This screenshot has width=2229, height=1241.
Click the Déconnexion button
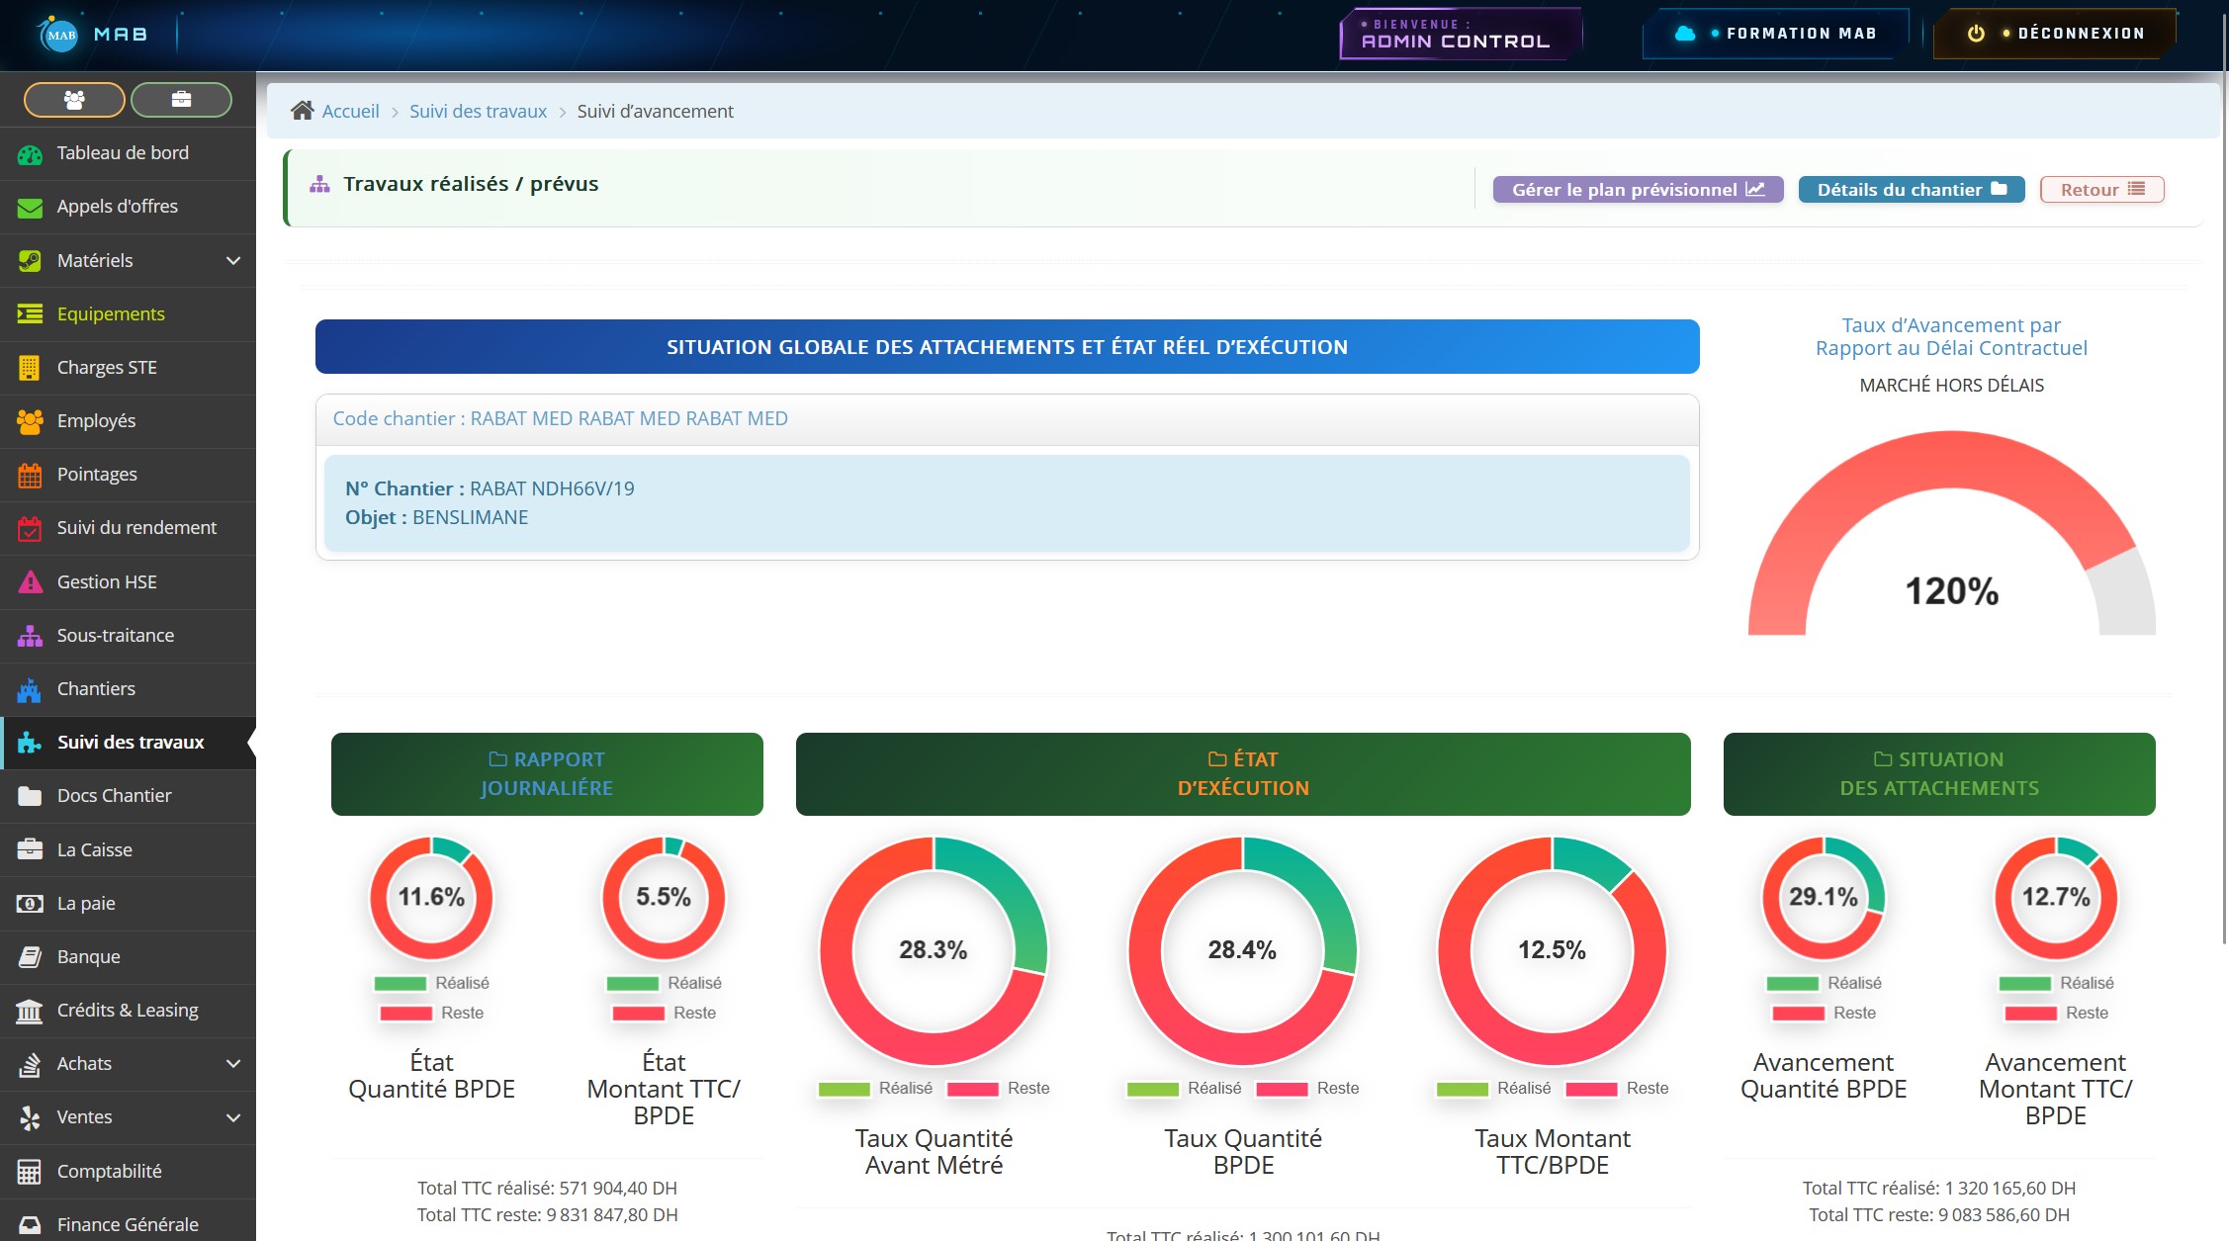point(2055,34)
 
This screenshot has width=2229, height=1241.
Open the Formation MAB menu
point(1777,34)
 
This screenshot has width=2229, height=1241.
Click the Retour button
point(2101,190)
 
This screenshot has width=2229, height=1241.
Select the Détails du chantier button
point(1911,190)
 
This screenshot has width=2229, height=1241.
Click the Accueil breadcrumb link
point(350,111)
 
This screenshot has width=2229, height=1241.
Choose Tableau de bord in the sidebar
point(123,153)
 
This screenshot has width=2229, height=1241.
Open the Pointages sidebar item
point(97,475)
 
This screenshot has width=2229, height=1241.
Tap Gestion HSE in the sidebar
point(107,582)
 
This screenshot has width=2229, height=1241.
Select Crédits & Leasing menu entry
point(128,1011)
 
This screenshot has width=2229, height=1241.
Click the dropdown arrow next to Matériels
point(233,261)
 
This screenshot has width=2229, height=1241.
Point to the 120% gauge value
point(1951,591)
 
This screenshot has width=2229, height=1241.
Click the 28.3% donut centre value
point(933,950)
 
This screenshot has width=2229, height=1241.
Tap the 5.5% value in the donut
point(664,897)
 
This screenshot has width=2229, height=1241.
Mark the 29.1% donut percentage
point(1824,897)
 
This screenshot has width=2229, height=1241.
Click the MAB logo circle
point(60,35)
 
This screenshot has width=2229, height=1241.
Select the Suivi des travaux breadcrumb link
point(478,111)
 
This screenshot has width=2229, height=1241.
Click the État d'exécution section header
point(1243,774)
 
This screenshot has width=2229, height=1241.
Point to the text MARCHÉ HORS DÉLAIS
point(1951,386)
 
